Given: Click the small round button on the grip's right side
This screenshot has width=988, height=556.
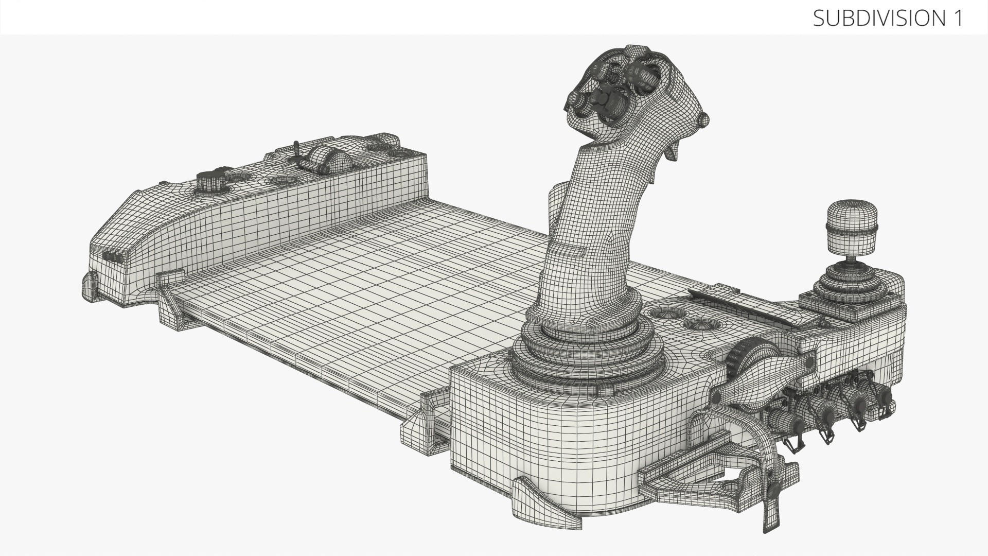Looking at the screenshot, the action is pos(702,120).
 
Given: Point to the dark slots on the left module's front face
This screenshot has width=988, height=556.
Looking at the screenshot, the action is pos(113,257).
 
